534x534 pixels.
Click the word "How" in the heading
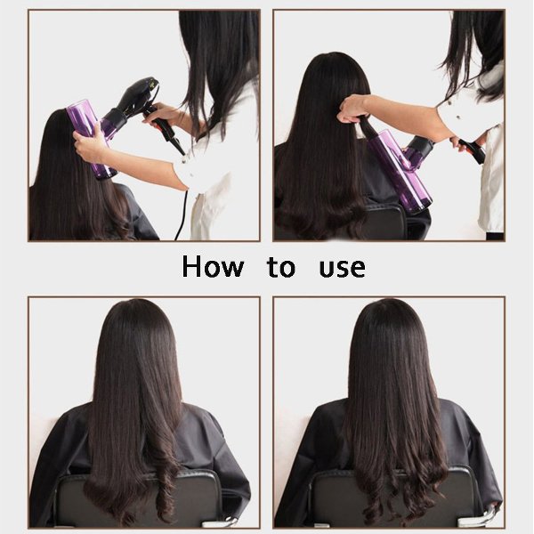(x=213, y=265)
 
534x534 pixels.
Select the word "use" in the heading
(x=343, y=268)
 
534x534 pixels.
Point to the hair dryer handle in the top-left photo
(x=164, y=127)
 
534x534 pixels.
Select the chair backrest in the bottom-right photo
(x=392, y=498)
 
